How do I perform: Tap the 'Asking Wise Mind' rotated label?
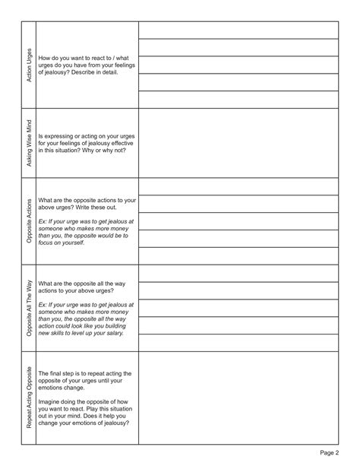click(x=29, y=143)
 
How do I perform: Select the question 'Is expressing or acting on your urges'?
click(x=87, y=143)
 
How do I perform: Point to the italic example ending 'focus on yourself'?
click(x=87, y=231)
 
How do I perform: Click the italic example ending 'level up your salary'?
click(x=87, y=319)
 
